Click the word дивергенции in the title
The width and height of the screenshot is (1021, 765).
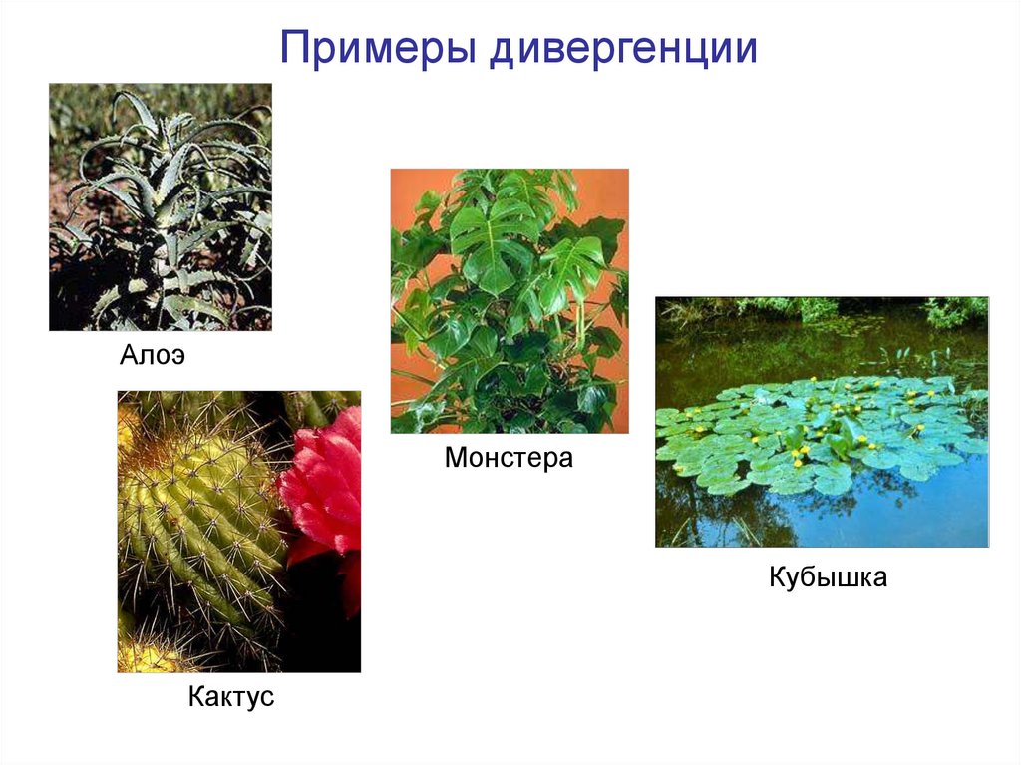coord(622,48)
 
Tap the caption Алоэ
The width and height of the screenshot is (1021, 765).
coord(154,356)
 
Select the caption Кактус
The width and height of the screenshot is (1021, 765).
coord(230,696)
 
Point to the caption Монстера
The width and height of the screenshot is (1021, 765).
coord(509,459)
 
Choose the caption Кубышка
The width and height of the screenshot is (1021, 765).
coord(828,576)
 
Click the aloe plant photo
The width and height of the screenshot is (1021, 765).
coord(161,206)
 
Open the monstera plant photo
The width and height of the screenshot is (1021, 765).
coord(510,300)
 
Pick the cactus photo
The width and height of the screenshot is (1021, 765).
coord(239,532)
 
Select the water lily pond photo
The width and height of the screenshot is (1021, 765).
coord(822,421)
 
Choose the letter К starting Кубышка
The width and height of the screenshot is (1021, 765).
coord(777,576)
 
